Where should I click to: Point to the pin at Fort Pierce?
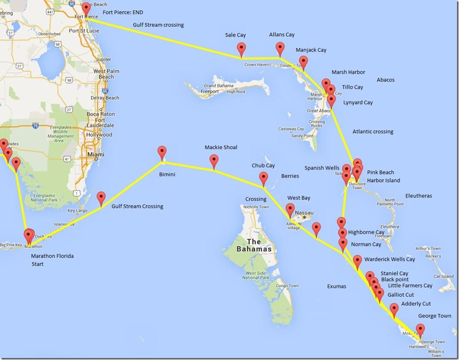(86, 9)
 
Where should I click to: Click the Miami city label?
(95, 155)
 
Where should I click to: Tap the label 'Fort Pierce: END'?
(123, 12)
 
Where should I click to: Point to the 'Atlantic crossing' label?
(373, 131)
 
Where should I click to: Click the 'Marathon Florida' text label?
(52, 256)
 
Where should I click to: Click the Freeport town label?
(210, 91)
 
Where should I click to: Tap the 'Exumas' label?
(337, 286)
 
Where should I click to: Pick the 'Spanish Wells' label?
(321, 168)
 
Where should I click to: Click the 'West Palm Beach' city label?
(106, 74)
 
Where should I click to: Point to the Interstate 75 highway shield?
(35, 125)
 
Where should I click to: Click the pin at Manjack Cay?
(303, 62)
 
